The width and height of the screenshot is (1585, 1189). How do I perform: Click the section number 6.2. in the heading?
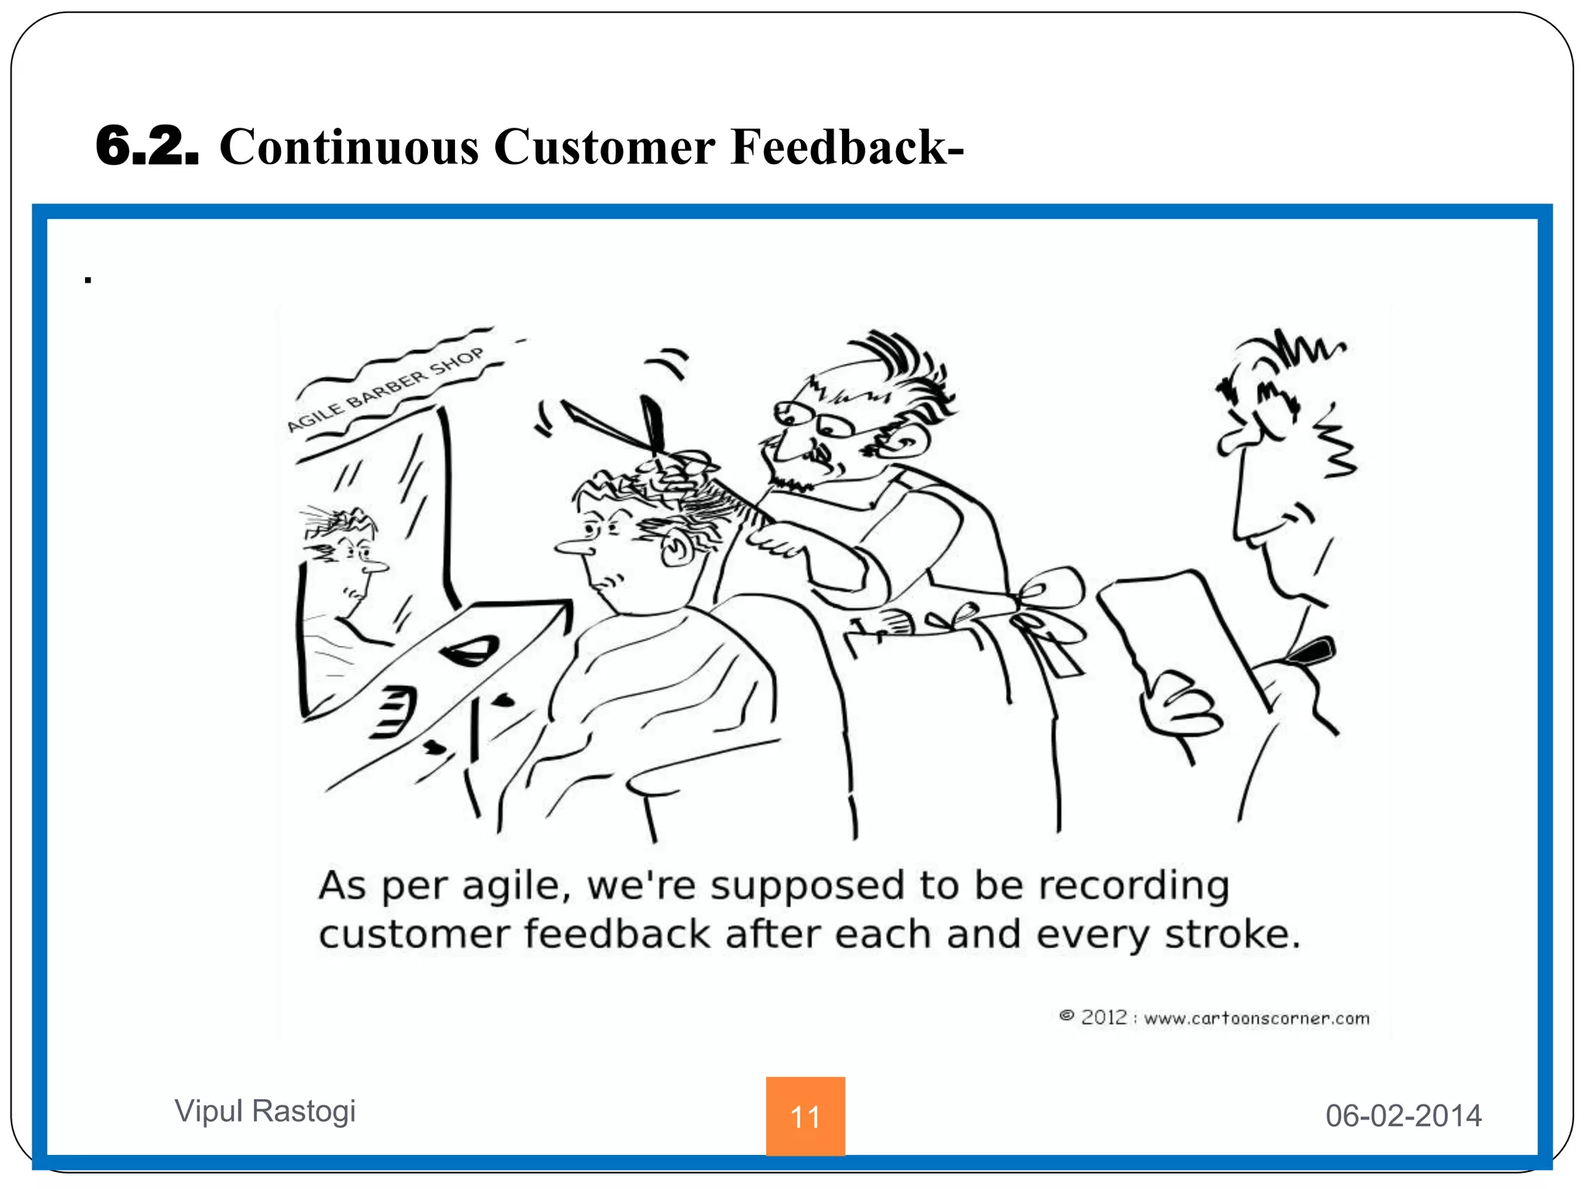click(x=147, y=146)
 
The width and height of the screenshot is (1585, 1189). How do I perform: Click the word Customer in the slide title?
click(x=604, y=147)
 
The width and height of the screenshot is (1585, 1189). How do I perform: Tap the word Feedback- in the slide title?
click(x=847, y=147)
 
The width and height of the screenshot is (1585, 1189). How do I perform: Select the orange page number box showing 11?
click(x=805, y=1115)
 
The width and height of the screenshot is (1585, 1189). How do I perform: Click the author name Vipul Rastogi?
click(x=265, y=1111)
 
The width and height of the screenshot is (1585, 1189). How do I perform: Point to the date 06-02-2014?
click(x=1403, y=1115)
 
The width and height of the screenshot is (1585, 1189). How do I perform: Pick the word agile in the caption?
click(x=515, y=886)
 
